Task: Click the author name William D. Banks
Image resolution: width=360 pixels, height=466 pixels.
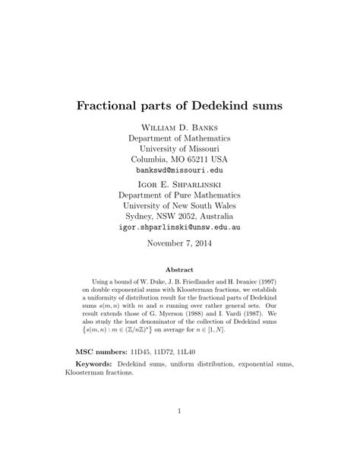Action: point(179,126)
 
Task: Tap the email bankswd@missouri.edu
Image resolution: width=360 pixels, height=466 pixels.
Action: point(179,172)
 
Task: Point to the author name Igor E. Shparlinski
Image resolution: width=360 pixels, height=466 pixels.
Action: point(179,184)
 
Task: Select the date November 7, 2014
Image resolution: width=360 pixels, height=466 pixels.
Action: point(179,244)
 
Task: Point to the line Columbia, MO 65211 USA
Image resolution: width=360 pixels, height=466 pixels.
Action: point(179,160)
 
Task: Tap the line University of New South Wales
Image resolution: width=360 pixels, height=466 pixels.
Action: point(179,206)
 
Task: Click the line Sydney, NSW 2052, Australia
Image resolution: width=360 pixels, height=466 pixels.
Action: point(179,217)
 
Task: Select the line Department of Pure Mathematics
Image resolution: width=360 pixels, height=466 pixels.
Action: point(179,195)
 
